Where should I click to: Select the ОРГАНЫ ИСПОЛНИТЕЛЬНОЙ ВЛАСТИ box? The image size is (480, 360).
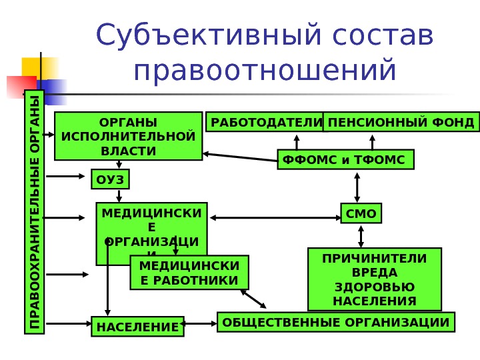point(128,137)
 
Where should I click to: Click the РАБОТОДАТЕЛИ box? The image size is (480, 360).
point(265,123)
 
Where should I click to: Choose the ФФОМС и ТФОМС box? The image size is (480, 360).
point(345,160)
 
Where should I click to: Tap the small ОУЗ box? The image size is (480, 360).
point(110,180)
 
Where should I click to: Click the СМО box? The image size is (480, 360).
point(361,215)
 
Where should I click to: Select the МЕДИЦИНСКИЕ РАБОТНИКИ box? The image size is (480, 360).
point(189,273)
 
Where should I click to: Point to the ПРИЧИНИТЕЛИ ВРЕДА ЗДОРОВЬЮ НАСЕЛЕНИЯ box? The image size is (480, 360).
point(374,279)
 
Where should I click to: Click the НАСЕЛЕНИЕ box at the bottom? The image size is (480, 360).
point(138,327)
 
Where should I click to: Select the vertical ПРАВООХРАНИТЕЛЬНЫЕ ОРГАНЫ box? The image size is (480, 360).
point(33,212)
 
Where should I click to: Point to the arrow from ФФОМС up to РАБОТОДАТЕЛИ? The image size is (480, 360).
point(295,142)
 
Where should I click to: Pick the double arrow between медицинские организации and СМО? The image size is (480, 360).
point(274,216)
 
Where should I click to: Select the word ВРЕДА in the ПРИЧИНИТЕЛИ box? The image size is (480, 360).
point(373,273)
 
